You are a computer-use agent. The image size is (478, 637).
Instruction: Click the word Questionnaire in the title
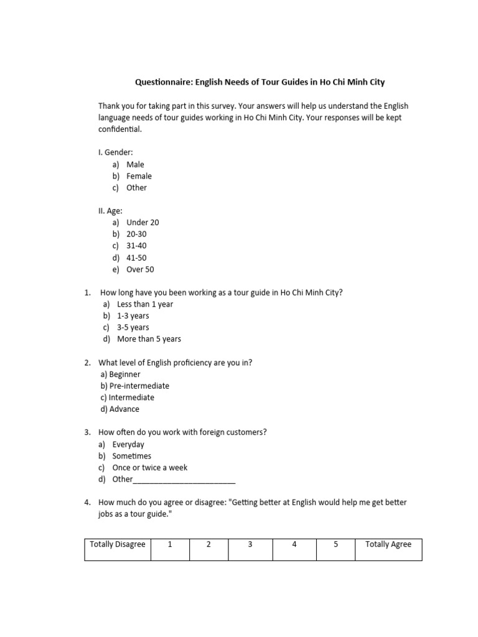[163, 82]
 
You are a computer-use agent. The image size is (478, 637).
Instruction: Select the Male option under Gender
[135, 165]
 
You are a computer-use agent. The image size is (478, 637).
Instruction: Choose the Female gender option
[139, 176]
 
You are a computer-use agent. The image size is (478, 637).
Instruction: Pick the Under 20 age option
[143, 223]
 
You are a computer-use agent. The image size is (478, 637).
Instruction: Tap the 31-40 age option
[136, 246]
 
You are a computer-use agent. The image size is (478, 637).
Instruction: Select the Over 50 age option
[140, 269]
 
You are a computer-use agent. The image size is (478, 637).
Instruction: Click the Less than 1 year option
[145, 304]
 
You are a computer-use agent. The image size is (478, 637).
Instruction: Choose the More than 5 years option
[149, 339]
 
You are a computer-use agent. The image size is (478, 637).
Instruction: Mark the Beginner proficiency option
[124, 374]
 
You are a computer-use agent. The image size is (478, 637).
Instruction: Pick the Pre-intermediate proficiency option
[139, 386]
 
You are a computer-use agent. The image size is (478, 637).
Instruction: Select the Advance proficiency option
[124, 409]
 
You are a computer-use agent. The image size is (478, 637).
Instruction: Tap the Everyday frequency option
[128, 445]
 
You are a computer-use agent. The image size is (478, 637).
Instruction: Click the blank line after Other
[184, 480]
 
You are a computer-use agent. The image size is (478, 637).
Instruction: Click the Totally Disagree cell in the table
[118, 549]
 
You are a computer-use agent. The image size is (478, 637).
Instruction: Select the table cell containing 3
[250, 549]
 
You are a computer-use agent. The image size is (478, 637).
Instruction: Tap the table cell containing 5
[335, 549]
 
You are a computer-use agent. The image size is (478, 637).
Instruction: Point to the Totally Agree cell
[388, 549]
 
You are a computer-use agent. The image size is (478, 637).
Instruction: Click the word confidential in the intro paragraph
[120, 129]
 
